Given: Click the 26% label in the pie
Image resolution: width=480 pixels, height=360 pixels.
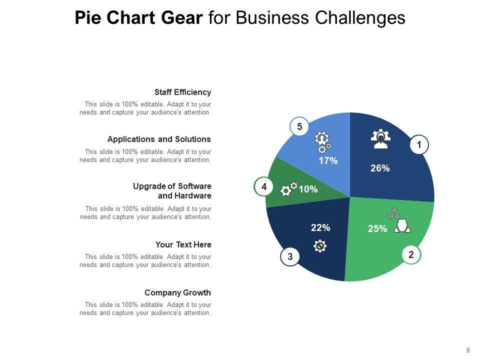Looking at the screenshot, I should (380, 168).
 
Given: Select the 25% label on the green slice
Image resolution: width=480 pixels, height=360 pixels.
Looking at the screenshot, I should (377, 228).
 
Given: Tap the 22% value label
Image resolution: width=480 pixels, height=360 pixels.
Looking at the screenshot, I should (320, 227).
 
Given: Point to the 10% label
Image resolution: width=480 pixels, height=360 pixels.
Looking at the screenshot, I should (308, 189).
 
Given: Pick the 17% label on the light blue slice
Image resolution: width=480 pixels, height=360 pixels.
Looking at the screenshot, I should (328, 160).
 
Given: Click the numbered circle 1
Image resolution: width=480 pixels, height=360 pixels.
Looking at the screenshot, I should (419, 145).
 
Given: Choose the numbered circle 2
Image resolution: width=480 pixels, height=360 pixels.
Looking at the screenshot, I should (411, 254).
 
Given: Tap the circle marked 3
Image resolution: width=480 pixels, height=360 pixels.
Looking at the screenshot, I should (290, 257).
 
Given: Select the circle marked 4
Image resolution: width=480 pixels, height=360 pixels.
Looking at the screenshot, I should (263, 187).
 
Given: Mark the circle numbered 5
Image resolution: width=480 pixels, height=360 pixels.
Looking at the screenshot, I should (299, 127).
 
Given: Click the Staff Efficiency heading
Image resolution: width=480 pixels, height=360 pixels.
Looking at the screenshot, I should (182, 92).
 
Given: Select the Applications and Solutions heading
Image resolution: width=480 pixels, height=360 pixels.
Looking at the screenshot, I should (159, 139).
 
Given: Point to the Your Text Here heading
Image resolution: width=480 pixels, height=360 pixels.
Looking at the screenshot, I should (183, 245).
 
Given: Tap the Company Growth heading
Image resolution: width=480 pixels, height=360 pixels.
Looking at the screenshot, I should (177, 293).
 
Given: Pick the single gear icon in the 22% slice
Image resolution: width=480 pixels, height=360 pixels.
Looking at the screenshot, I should (320, 246).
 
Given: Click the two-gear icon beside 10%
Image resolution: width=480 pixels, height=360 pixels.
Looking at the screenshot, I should (289, 189).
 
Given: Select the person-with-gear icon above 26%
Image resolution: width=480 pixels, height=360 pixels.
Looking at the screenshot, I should (380, 139).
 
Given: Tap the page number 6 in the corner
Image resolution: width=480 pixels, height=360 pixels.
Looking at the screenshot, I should (468, 350).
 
